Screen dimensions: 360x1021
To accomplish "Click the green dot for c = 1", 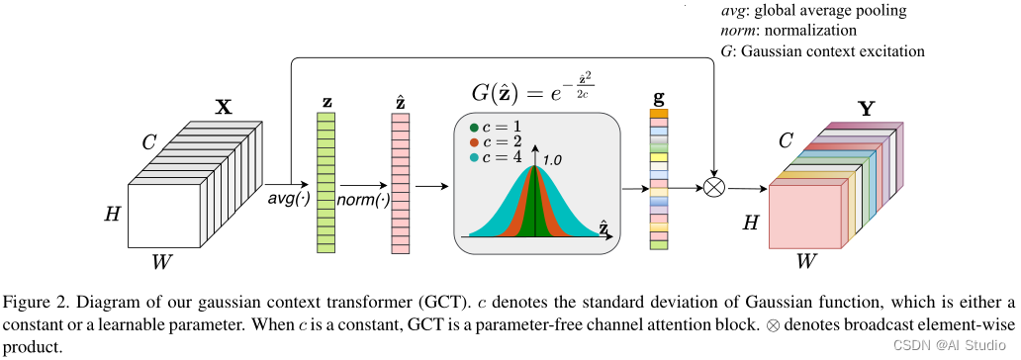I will [x=474, y=128].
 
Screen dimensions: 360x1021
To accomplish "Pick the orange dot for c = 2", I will [x=474, y=142].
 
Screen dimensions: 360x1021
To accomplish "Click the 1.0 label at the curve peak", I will [x=554, y=159].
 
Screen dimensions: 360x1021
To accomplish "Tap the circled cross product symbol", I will [x=713, y=185].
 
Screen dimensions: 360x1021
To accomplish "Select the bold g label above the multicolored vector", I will [x=659, y=98].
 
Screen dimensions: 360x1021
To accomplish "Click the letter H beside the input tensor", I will [x=114, y=213].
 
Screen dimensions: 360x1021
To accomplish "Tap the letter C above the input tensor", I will [x=149, y=143].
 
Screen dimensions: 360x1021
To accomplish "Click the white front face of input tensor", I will [x=164, y=218].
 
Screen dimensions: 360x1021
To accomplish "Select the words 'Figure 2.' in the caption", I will [x=35, y=301].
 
